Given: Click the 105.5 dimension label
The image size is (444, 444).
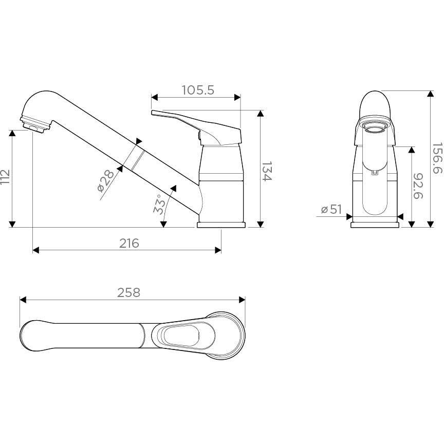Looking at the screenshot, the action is pos(198,90).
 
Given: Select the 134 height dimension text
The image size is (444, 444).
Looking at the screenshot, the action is pos(267,171).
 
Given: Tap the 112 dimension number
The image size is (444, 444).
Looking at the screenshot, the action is pos(5,177).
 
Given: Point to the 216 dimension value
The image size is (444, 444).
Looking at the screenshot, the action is pos(129,243).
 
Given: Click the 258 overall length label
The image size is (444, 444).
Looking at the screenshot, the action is pos(129,292).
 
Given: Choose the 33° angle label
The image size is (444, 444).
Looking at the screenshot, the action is pos(159,204).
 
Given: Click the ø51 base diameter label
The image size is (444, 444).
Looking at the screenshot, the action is pos(331,210).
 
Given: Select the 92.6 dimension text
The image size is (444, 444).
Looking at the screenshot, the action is pos(418,186).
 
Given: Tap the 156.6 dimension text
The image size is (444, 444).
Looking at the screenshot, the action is pos(437,158).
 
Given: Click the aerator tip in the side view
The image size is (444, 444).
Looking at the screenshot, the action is pos(35,125).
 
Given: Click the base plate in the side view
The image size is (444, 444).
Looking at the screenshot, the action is pos(221,225).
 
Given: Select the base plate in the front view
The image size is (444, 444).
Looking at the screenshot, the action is pos(375,225).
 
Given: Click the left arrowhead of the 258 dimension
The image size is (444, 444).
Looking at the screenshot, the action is pos(23,300).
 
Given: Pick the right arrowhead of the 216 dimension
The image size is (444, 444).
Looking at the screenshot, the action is pos(218,250).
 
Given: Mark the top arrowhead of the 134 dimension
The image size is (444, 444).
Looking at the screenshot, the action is pos(260,114).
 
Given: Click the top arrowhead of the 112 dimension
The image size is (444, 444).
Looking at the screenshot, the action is pos(12,134).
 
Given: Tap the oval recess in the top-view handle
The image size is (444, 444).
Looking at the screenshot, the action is pos(181,336).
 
